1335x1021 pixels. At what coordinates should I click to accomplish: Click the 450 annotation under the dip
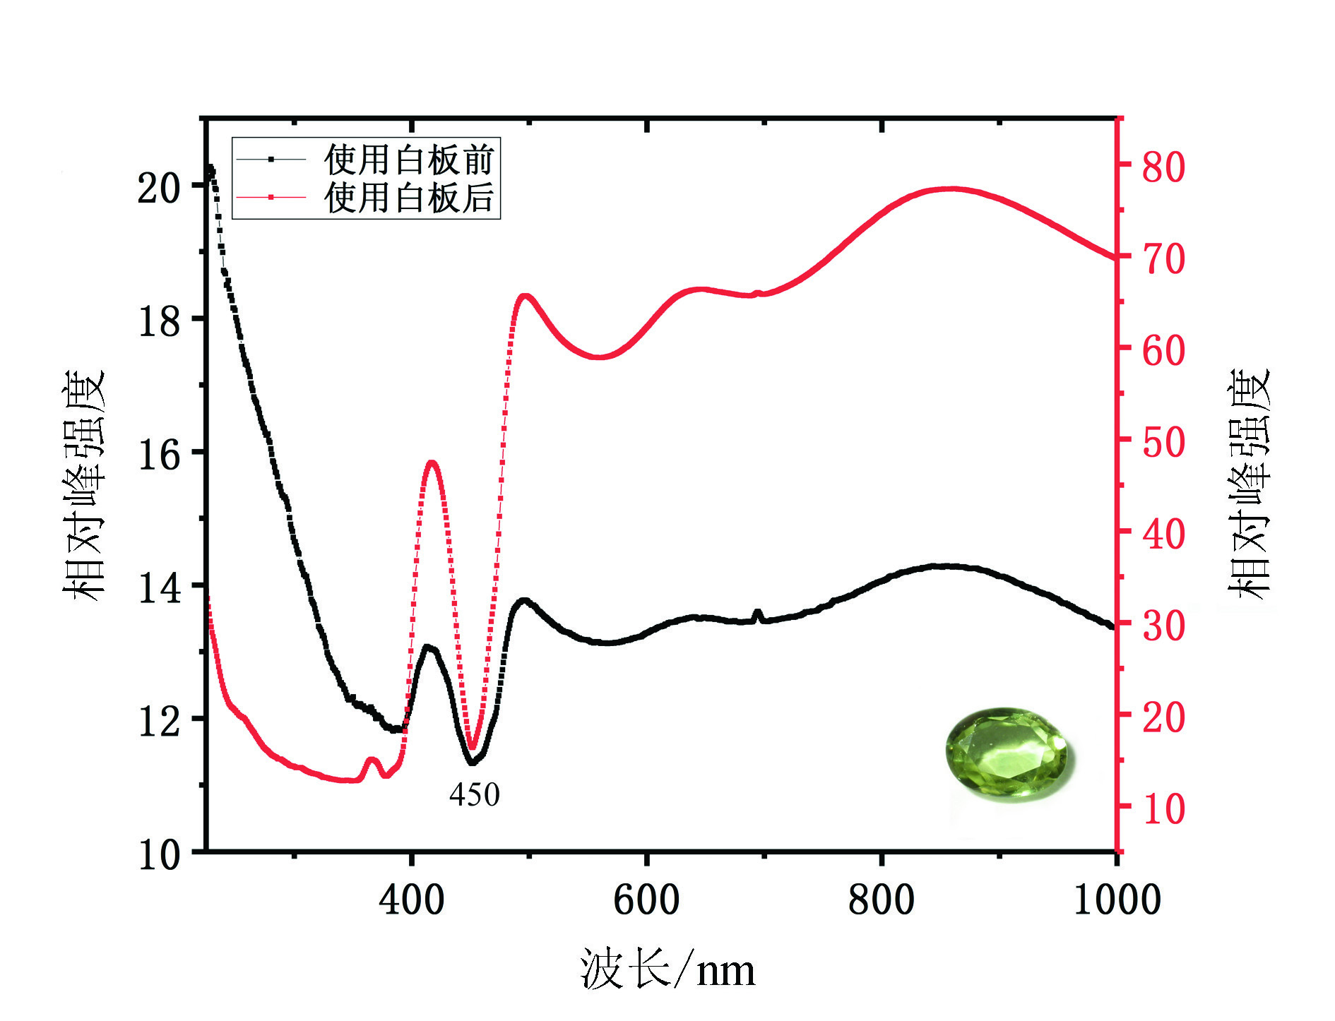474,795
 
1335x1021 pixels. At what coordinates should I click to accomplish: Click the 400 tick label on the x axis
411,900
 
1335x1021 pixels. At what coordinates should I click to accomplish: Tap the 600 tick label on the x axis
646,900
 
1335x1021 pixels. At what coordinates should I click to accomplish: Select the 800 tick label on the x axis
882,900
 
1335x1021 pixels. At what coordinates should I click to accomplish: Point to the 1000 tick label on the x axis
1117,900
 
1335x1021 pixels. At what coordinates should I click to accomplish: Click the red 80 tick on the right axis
1163,167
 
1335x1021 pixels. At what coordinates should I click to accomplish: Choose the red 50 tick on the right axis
1163,442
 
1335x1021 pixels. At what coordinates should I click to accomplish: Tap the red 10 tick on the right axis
1163,808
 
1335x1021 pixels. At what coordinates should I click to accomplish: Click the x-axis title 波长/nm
667,970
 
